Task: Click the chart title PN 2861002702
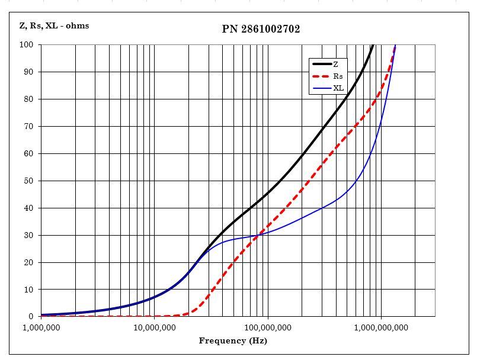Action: tap(261, 29)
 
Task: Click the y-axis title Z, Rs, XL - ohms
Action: tap(54, 25)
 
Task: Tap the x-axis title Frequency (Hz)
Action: tap(233, 340)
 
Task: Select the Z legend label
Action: tap(336, 64)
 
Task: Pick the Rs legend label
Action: tap(338, 76)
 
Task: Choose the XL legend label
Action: tap(338, 88)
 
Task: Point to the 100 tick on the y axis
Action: tap(27, 45)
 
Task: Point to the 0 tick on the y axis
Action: tap(31, 317)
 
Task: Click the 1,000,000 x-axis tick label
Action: tap(41, 327)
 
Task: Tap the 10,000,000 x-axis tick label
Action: tap(154, 327)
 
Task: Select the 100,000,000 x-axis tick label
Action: tap(267, 327)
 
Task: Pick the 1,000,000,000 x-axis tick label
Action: tap(380, 327)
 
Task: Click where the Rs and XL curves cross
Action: tap(257, 236)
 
